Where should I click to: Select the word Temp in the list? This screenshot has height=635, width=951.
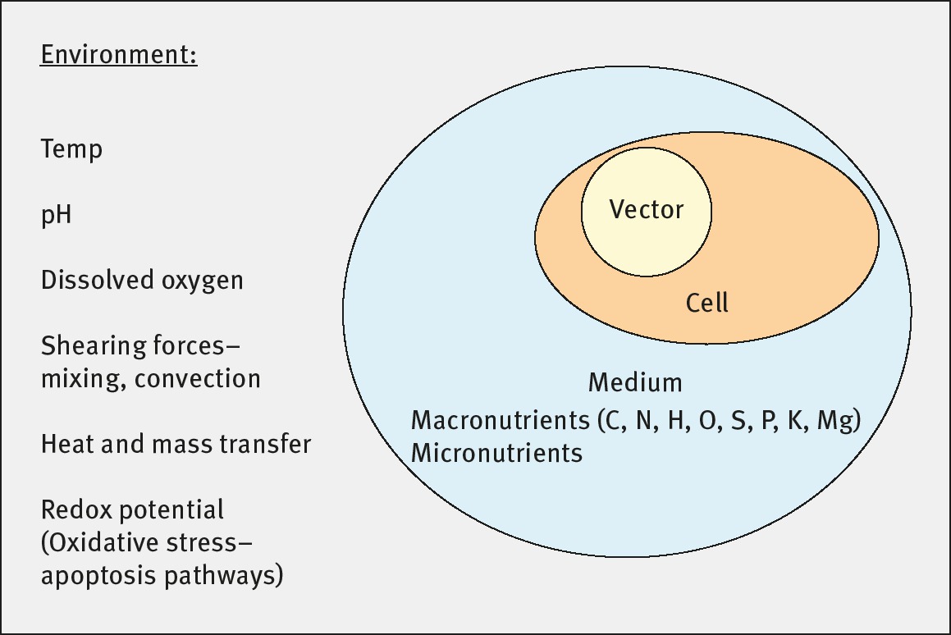click(x=72, y=150)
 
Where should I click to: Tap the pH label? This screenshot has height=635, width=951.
click(x=57, y=216)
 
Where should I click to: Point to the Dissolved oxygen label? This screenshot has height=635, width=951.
click(x=142, y=281)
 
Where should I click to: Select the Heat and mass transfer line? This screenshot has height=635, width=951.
click(x=176, y=445)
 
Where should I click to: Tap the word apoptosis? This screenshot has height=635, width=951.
click(x=94, y=576)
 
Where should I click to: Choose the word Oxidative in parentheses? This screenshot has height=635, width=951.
click(x=103, y=543)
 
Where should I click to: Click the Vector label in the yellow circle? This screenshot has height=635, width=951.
click(x=647, y=210)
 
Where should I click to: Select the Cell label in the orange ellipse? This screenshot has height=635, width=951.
click(x=707, y=304)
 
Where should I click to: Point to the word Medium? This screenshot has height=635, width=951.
click(x=635, y=382)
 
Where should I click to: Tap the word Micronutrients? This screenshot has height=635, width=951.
click(x=496, y=453)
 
